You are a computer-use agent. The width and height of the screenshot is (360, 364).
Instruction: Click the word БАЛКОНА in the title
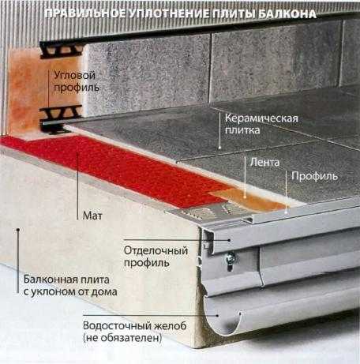click(287, 14)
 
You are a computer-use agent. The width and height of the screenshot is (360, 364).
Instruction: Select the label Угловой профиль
click(77, 81)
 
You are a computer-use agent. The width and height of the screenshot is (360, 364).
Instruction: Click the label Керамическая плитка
click(261, 124)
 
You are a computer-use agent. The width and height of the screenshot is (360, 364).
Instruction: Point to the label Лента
click(264, 163)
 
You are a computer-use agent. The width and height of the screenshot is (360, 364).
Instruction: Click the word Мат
click(92, 216)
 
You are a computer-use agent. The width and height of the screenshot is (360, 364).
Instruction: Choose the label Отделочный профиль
click(156, 257)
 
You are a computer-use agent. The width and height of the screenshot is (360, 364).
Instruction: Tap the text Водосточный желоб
click(135, 326)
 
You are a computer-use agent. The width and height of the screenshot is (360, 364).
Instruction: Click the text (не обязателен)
click(122, 338)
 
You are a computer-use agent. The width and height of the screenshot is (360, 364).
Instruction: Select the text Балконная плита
click(66, 280)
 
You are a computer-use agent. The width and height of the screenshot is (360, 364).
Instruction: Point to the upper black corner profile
click(61, 50)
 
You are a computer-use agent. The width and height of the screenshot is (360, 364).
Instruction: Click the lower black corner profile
click(61, 119)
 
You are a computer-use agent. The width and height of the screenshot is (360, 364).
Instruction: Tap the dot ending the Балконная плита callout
click(18, 230)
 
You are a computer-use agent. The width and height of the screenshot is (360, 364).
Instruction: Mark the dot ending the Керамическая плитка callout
click(219, 148)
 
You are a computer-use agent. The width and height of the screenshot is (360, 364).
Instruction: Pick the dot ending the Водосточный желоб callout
click(217, 315)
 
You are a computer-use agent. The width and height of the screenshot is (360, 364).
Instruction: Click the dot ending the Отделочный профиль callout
click(229, 240)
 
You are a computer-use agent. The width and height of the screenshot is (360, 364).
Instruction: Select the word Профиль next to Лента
click(314, 176)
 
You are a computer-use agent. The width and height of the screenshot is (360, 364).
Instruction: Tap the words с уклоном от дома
click(70, 292)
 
